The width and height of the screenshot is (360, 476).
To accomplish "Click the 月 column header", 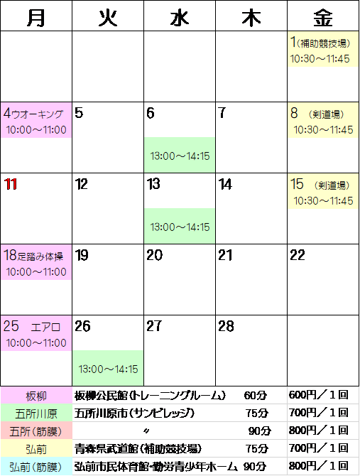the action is pyautogui.click(x=36, y=16).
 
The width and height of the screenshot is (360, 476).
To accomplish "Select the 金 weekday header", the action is pyautogui.click(x=323, y=16).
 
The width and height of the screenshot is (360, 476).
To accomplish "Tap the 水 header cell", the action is pyautogui.click(x=180, y=16).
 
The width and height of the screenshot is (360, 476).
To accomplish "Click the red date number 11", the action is pyautogui.click(x=11, y=184).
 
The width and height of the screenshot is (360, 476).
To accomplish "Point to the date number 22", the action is pyautogui.click(x=298, y=255).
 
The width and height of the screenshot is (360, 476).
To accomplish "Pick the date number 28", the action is pyautogui.click(x=226, y=326).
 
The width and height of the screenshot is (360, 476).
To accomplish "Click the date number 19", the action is pyautogui.click(x=82, y=255).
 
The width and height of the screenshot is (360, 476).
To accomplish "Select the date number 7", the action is pyautogui.click(x=222, y=113).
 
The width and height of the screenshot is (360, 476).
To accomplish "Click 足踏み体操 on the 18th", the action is pyautogui.click(x=40, y=256).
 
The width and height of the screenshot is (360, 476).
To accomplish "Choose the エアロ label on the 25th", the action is pyautogui.click(x=45, y=328).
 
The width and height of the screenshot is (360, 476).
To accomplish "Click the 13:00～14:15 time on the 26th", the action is pyautogui.click(x=108, y=369).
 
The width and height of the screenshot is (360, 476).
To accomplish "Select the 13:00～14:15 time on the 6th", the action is pyautogui.click(x=180, y=156).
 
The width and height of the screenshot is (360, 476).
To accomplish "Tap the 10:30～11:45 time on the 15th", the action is pyautogui.click(x=323, y=200).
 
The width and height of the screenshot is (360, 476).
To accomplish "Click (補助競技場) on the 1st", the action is pyautogui.click(x=323, y=44).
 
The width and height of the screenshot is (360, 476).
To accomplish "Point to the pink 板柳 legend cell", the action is pyautogui.click(x=36, y=396).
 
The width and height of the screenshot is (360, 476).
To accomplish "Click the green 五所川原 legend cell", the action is pyautogui.click(x=36, y=413).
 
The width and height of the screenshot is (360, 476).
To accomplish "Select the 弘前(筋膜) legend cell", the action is pyautogui.click(x=36, y=467).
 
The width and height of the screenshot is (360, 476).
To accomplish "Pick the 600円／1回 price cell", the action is pyautogui.click(x=318, y=395).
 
